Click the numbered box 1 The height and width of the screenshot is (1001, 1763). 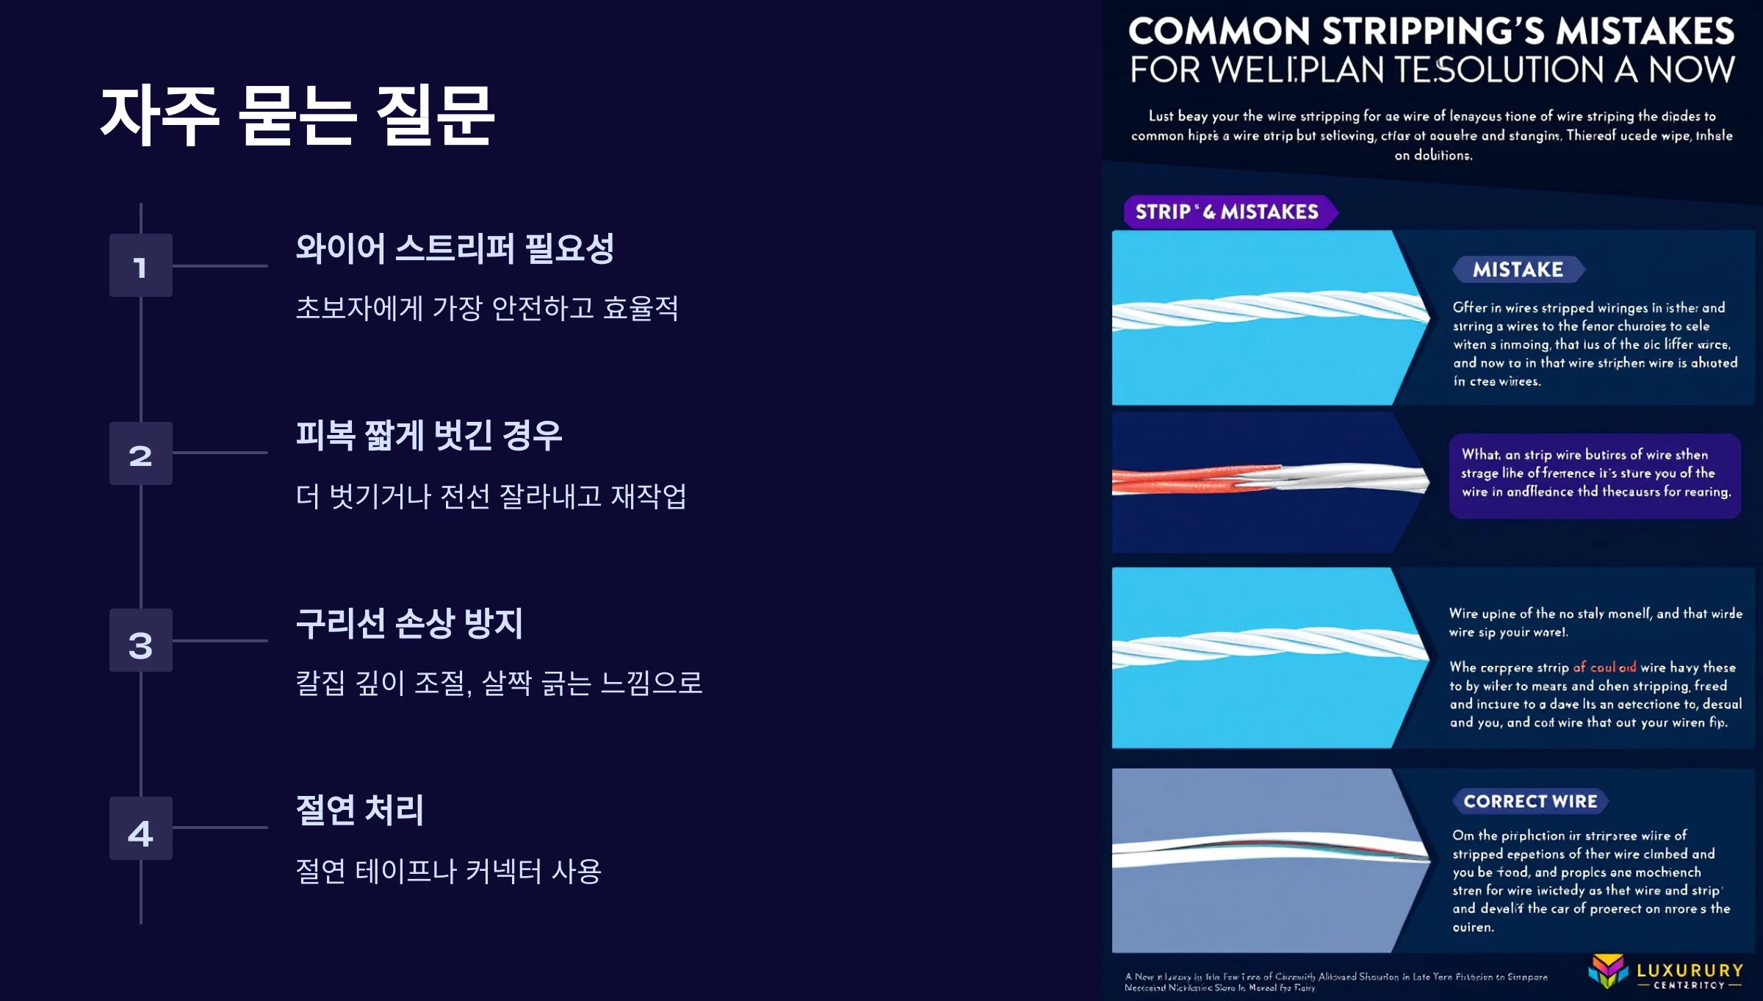140,265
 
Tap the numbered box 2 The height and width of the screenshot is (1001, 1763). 140,453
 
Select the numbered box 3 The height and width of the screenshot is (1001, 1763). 140,641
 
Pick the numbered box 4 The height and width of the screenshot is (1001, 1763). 140,828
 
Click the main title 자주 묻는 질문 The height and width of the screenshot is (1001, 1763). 298,115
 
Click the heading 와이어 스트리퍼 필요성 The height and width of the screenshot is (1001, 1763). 455,248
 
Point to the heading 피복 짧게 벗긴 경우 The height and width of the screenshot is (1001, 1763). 429,436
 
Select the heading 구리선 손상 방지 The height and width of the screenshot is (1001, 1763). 409,623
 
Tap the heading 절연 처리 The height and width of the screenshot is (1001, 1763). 360,811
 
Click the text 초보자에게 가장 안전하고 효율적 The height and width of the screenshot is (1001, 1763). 487,308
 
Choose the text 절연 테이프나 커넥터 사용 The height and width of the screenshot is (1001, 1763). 448,872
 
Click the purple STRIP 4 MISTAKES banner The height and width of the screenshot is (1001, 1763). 1227,212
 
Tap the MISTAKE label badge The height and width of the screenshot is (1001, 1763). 1518,270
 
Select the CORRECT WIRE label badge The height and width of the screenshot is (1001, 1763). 1530,801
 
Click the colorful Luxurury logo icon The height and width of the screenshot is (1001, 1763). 1607,970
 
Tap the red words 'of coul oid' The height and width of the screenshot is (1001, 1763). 1604,667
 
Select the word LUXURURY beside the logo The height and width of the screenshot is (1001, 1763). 1690,970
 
